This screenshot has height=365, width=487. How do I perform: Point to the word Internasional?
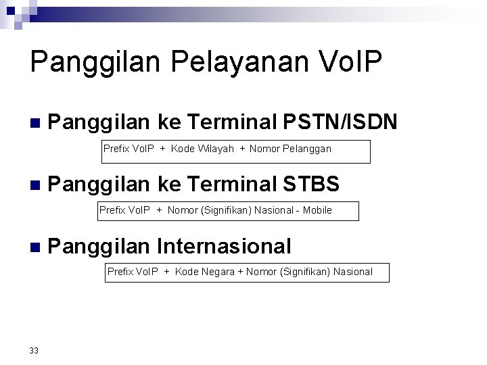click(224, 246)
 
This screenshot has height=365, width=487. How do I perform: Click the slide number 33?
click(34, 350)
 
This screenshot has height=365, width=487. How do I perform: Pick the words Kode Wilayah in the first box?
click(202, 149)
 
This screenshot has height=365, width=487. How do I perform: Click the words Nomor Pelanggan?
click(290, 149)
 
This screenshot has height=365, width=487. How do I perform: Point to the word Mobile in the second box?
click(317, 210)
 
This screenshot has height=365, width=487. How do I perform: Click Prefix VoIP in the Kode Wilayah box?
click(129, 149)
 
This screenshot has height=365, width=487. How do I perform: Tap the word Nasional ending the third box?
click(352, 272)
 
